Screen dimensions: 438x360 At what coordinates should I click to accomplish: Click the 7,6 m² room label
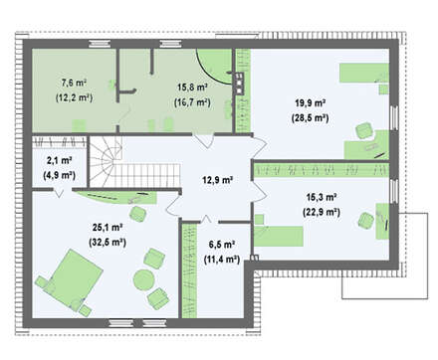click(74, 84)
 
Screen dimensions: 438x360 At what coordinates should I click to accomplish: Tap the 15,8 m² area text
click(192, 88)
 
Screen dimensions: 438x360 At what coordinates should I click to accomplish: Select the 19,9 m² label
click(310, 103)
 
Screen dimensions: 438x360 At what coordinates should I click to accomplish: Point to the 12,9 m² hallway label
click(217, 180)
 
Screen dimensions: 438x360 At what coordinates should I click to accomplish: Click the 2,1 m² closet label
click(60, 161)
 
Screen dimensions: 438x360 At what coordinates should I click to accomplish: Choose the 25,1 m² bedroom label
click(108, 228)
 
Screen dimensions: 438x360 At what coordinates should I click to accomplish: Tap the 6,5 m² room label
click(222, 245)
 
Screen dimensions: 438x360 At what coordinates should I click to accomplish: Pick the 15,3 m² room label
click(322, 197)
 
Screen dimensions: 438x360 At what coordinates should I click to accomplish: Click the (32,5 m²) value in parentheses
click(108, 243)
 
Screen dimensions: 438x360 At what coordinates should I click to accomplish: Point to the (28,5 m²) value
click(310, 118)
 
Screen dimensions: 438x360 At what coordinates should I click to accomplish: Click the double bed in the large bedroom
click(76, 277)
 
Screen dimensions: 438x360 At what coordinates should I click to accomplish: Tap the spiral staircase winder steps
click(106, 162)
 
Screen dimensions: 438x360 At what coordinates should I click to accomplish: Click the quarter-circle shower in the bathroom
click(214, 67)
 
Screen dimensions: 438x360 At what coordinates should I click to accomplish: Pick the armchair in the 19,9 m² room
click(364, 130)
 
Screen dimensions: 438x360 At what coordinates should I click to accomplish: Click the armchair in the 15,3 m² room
click(366, 220)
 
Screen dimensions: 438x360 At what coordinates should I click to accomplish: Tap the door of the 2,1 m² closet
click(59, 193)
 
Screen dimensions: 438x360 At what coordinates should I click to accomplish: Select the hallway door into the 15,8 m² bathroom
click(204, 140)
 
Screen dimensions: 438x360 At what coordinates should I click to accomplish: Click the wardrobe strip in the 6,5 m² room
click(189, 270)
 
